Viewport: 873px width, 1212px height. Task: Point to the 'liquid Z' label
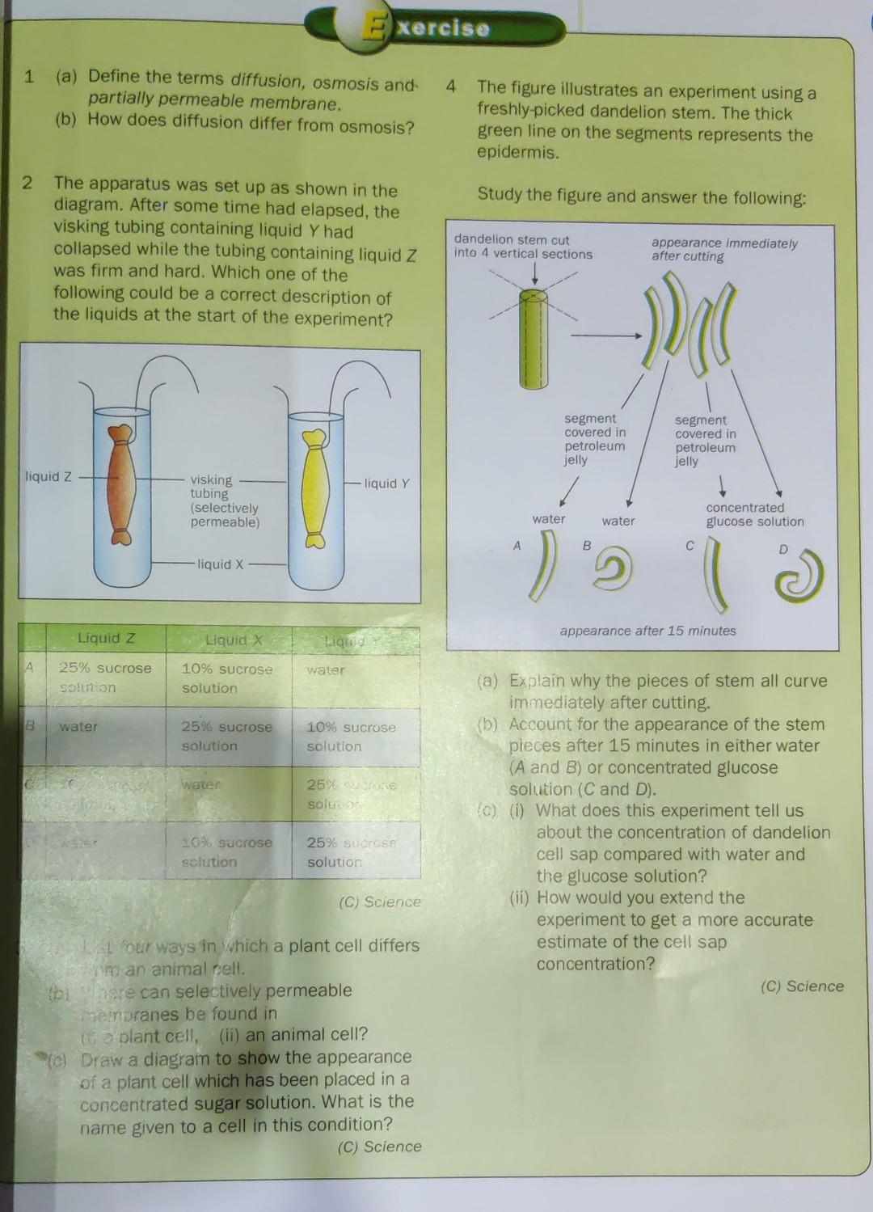tap(48, 476)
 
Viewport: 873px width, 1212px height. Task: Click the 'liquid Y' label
tap(386, 484)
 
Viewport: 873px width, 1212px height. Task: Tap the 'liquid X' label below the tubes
tap(220, 564)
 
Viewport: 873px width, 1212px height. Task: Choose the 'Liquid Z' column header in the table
tap(106, 638)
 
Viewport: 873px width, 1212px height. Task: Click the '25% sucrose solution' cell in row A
tap(104, 678)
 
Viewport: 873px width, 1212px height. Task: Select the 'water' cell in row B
tap(78, 727)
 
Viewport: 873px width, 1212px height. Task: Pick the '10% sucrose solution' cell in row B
tap(351, 737)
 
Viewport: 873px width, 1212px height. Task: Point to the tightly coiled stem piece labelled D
tap(798, 576)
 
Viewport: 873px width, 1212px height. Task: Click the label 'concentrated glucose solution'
tap(754, 515)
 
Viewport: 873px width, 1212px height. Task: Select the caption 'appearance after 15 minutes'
tap(647, 631)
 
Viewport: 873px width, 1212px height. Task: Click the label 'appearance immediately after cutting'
tap(724, 250)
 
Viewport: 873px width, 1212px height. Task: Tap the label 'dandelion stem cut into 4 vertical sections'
tap(522, 247)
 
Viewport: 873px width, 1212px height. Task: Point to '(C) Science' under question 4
tap(802, 986)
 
